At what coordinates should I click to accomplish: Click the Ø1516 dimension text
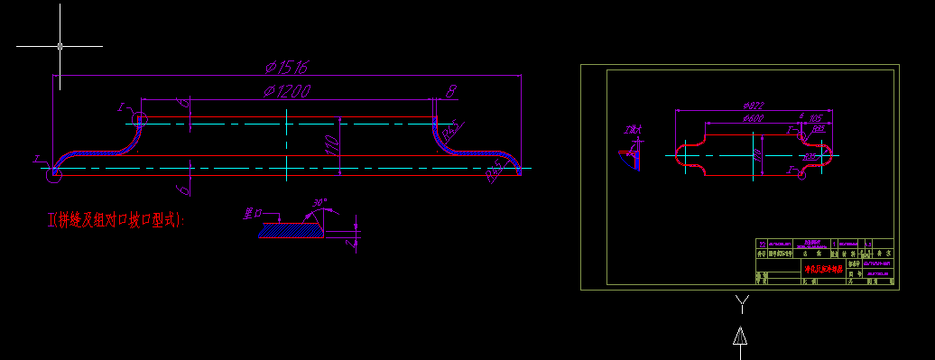(x=288, y=67)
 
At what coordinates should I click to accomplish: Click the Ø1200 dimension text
(x=288, y=90)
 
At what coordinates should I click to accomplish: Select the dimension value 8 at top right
(x=451, y=90)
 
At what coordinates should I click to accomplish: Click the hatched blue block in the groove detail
(x=292, y=231)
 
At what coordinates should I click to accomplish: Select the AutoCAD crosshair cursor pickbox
(x=60, y=45)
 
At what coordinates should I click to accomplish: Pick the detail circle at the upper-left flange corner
(x=139, y=118)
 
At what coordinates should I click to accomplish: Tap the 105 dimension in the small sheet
(x=815, y=118)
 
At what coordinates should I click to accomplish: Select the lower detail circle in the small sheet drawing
(x=801, y=174)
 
